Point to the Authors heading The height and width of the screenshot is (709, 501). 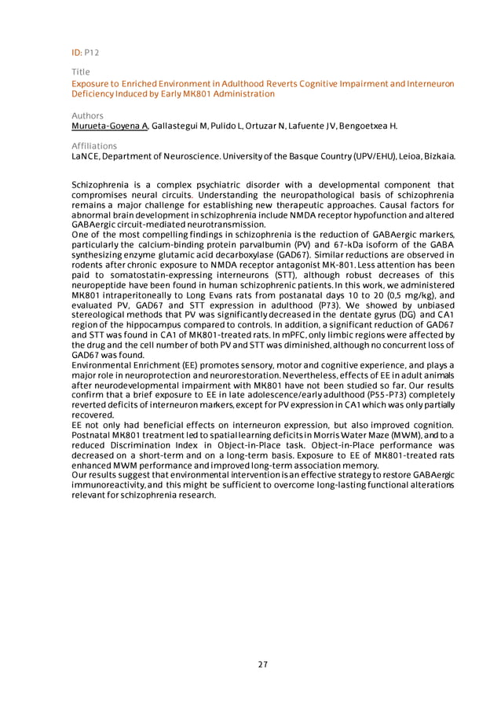click(87, 115)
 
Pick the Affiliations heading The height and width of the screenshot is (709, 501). click(93, 146)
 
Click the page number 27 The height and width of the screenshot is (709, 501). click(263, 664)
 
